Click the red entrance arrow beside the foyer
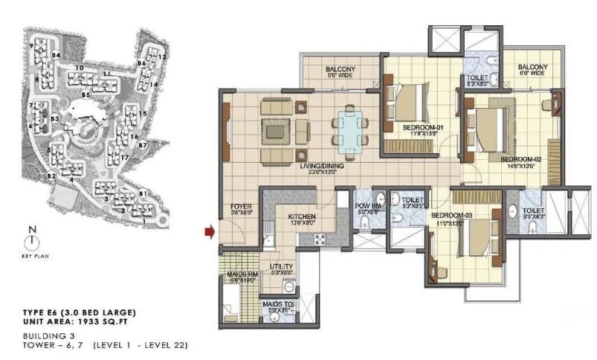[x=210, y=234]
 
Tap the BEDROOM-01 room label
[x=423, y=127]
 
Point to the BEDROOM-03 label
[x=452, y=216]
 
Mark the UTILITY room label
[x=282, y=266]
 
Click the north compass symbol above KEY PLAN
[x=30, y=242]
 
